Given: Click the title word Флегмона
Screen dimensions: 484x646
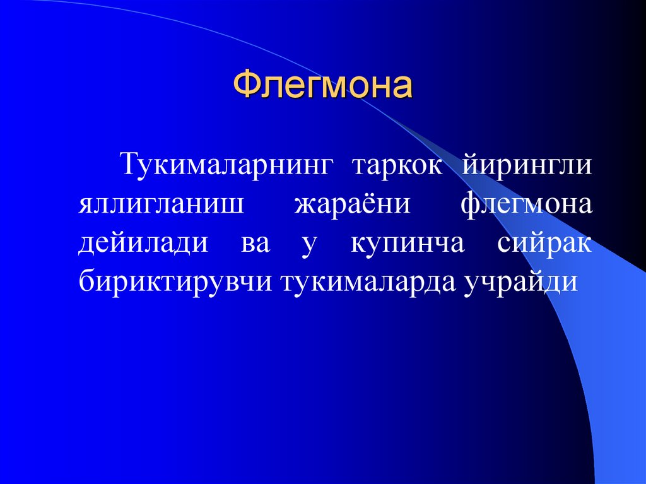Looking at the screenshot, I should (x=323, y=85).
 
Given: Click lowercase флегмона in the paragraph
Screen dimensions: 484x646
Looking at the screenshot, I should (x=526, y=205).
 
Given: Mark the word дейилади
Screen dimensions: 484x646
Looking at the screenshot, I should (x=143, y=243).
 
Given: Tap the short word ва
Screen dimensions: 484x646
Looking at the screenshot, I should (x=255, y=244).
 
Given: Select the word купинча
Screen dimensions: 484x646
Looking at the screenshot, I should (x=407, y=244).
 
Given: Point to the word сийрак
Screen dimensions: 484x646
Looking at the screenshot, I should (x=544, y=243).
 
